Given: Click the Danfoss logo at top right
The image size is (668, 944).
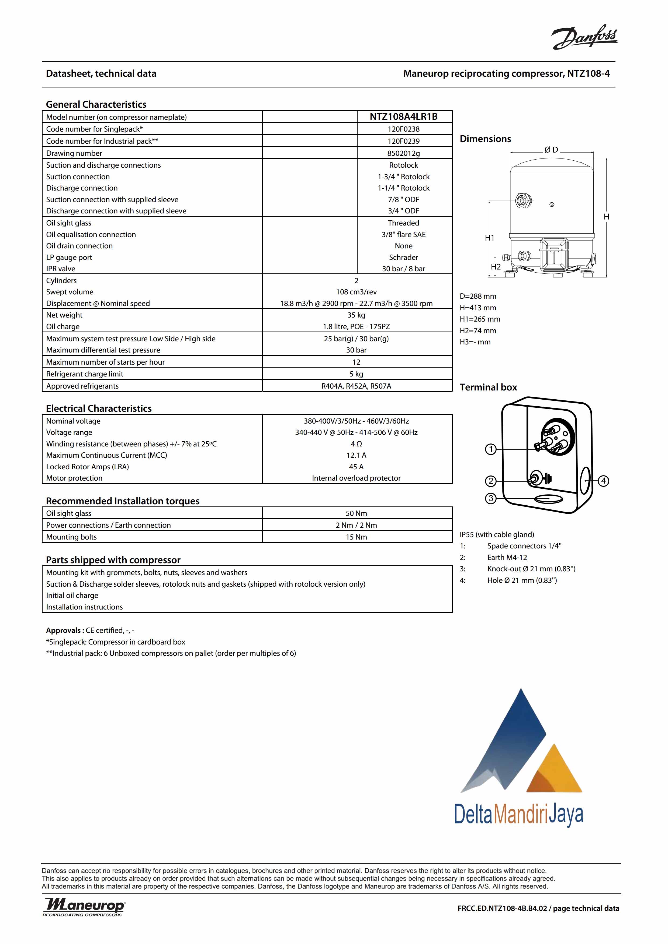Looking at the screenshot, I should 584,37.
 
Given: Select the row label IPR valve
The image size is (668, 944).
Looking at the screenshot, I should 61,269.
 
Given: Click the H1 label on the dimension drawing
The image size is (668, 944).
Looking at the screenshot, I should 489,238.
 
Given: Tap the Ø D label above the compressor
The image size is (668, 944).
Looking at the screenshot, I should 551,150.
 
